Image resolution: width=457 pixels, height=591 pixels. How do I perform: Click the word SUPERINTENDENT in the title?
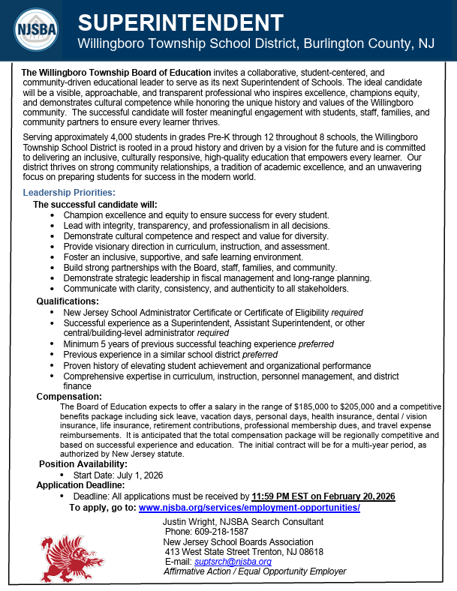[x=181, y=22]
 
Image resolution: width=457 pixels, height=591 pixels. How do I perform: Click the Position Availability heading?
[x=85, y=464]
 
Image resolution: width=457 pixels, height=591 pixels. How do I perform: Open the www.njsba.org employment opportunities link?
[x=249, y=508]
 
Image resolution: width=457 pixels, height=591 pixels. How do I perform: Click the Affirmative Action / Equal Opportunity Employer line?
[x=254, y=571]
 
